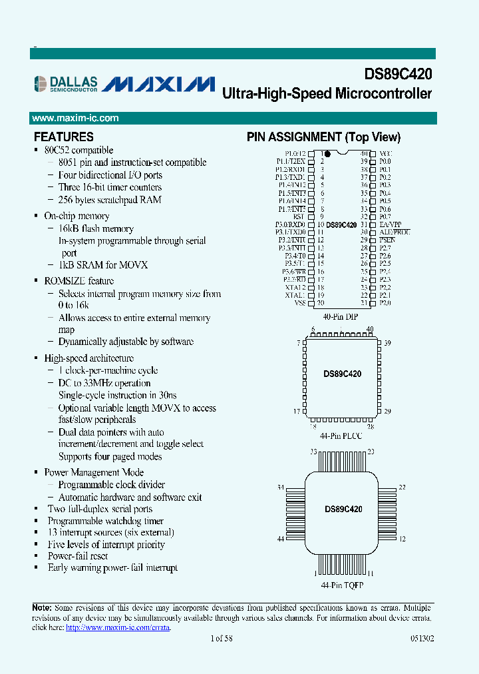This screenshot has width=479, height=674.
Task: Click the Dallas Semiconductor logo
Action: [x=66, y=83]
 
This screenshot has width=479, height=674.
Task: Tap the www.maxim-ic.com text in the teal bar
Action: [x=75, y=118]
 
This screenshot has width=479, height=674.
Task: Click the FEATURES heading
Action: [x=64, y=137]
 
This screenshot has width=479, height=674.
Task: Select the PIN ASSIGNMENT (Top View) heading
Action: [x=323, y=137]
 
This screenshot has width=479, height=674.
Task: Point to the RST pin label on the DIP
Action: [x=299, y=216]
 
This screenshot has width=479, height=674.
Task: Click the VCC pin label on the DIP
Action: [x=385, y=153]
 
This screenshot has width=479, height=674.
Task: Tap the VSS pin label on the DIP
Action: [x=299, y=303]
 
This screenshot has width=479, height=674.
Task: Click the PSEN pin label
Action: [x=387, y=240]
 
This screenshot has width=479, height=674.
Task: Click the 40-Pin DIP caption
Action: [x=340, y=317]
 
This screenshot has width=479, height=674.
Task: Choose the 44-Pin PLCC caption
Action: [x=340, y=436]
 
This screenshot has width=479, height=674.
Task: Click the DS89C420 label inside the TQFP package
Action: [x=343, y=509]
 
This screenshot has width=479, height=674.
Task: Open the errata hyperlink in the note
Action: [x=118, y=627]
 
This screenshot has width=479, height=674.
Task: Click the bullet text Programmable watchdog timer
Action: [x=106, y=521]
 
